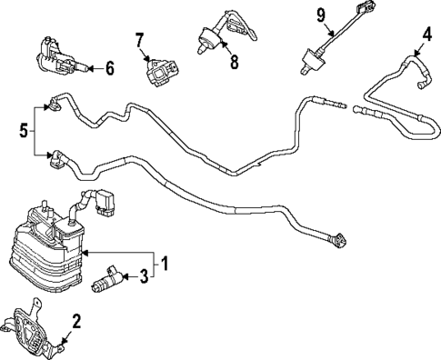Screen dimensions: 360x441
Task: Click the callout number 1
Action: pos(165,265)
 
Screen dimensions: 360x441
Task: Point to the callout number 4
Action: pos(426,37)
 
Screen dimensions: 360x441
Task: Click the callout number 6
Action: pos(109,67)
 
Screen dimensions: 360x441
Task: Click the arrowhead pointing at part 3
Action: pos(124,275)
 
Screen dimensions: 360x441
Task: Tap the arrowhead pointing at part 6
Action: pos(93,67)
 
